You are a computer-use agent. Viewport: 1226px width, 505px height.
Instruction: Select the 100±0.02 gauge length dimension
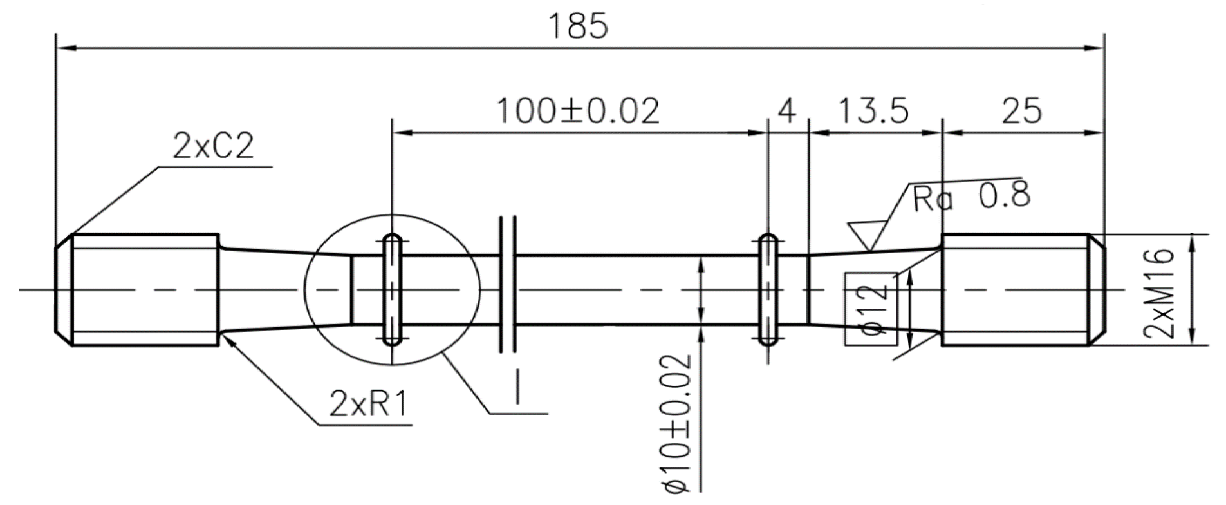point(577,111)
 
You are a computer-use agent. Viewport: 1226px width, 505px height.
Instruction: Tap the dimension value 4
point(786,111)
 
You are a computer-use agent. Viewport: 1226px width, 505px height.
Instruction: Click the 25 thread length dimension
point(1021,111)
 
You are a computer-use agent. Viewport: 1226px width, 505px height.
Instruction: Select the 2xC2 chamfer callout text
point(213,148)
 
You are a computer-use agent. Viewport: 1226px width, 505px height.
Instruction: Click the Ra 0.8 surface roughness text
point(971,197)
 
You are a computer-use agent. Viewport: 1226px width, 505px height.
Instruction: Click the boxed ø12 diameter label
point(870,309)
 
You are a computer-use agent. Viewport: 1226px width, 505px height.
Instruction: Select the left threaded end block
point(145,291)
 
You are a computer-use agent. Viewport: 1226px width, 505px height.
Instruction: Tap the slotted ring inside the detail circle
point(393,290)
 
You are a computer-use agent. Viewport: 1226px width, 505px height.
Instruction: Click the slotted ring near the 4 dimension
point(768,290)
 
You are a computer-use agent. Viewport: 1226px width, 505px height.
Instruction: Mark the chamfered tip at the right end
point(1096,291)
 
